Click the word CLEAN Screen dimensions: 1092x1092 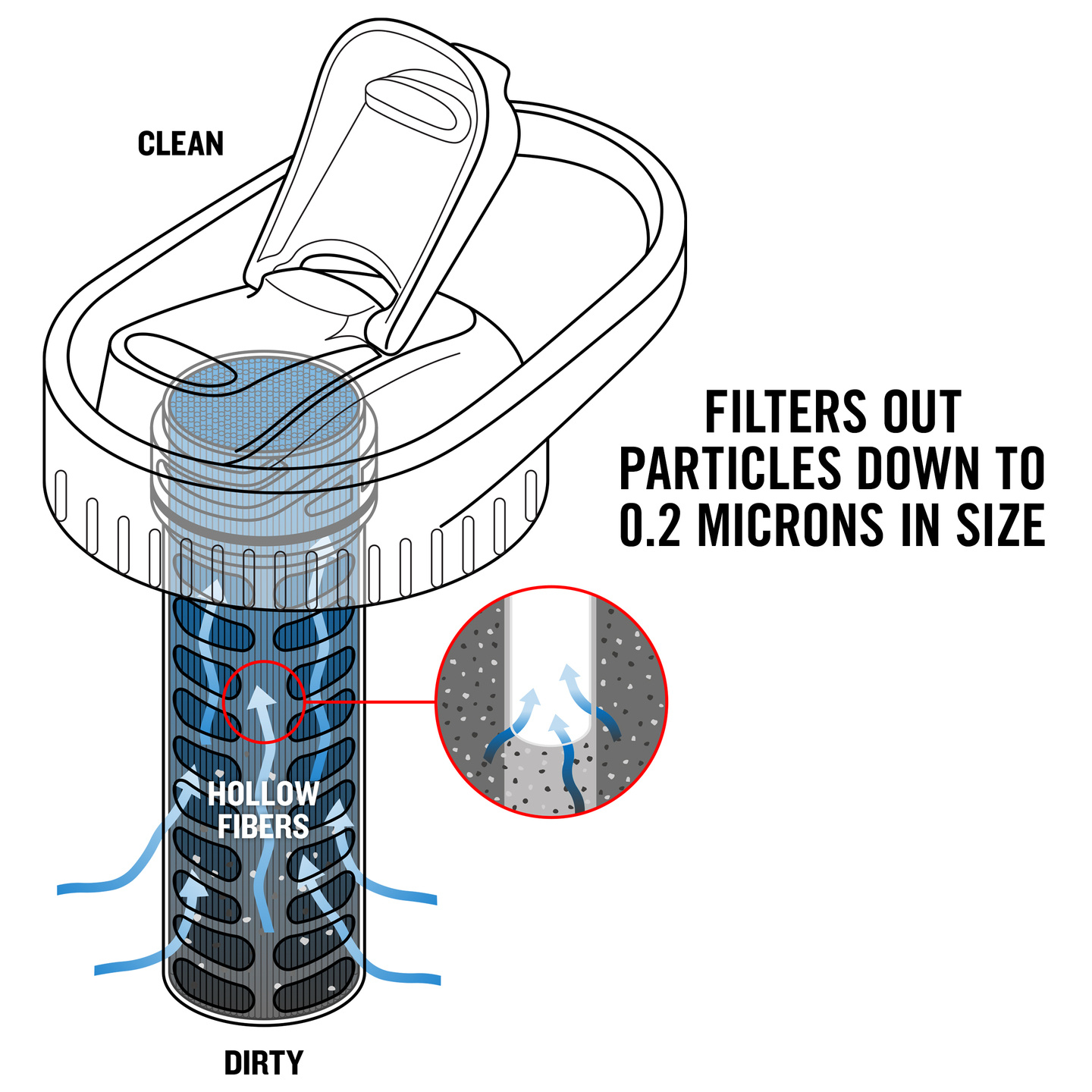[180, 143]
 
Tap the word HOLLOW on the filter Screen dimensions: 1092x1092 [263, 793]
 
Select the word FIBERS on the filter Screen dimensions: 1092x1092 [263, 827]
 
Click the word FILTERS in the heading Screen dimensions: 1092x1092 [786, 412]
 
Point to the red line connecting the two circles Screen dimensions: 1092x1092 [370, 702]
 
